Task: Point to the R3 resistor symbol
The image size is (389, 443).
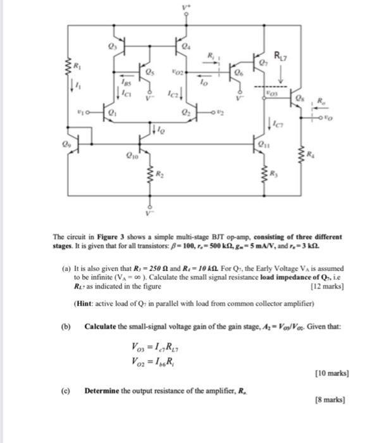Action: [264, 172]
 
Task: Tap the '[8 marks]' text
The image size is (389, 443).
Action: [330, 400]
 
